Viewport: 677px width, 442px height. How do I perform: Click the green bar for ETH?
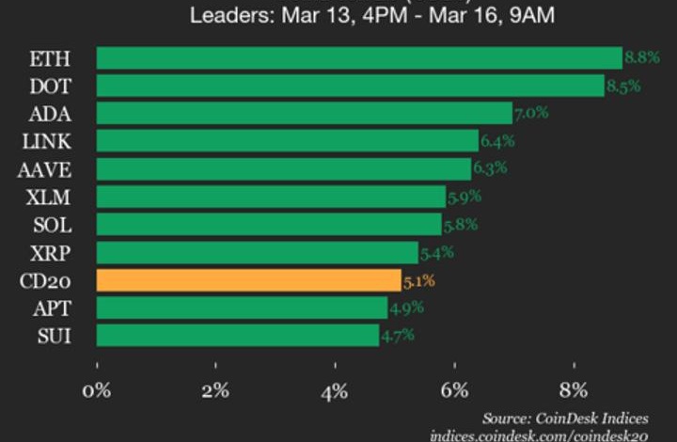tap(358, 57)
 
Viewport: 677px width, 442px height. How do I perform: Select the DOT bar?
tap(350, 86)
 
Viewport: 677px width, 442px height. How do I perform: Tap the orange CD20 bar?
tap(248, 280)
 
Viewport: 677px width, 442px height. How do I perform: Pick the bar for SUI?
tap(237, 336)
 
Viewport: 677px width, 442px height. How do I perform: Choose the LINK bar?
tap(287, 141)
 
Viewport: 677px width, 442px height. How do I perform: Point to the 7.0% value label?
tap(530, 115)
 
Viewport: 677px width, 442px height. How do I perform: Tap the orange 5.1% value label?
tap(418, 280)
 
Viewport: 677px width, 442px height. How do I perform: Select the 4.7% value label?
tap(397, 336)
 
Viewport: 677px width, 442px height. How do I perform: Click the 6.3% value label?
tap(489, 168)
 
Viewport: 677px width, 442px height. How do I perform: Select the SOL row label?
tap(51, 225)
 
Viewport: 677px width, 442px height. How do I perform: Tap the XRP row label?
tap(51, 253)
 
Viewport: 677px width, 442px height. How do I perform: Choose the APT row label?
tap(52, 308)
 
